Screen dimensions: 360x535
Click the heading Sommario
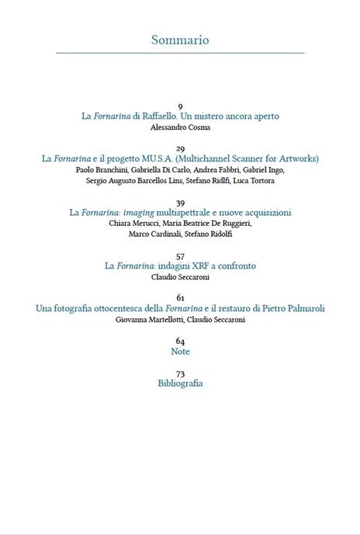pyautogui.click(x=180, y=40)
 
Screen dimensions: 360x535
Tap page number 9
pyautogui.click(x=180, y=106)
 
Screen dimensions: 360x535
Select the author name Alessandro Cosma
pyautogui.click(x=180, y=127)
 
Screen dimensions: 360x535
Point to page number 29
pyautogui.click(x=180, y=148)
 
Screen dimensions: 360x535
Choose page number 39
pyautogui.click(x=180, y=202)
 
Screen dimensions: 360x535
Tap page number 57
pyautogui.click(x=180, y=255)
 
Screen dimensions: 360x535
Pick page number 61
pyautogui.click(x=180, y=298)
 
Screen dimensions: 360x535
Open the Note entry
pyautogui.click(x=180, y=352)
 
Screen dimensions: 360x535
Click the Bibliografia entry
pyautogui.click(x=180, y=384)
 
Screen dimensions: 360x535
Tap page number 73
pyautogui.click(x=180, y=373)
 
